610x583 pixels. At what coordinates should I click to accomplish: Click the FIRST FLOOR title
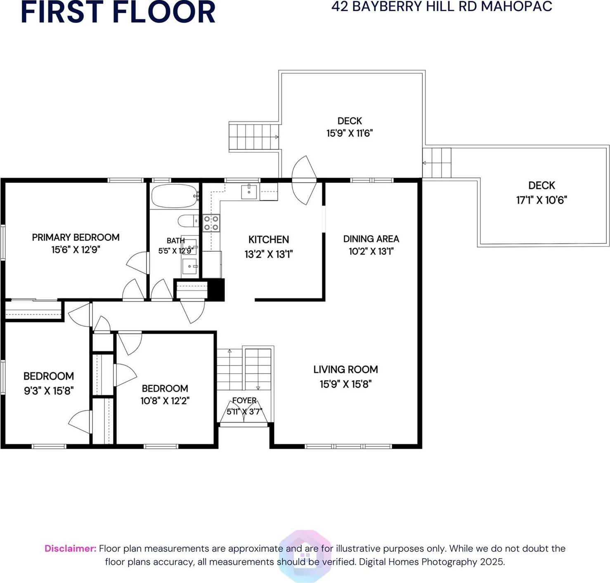click(x=118, y=12)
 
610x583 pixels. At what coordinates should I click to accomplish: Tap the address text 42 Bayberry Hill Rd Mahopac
click(x=441, y=7)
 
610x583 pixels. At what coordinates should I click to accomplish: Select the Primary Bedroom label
click(x=76, y=237)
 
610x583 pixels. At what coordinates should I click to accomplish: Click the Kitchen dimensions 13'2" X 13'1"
click(x=268, y=254)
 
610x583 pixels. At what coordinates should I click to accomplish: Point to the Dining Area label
click(x=371, y=239)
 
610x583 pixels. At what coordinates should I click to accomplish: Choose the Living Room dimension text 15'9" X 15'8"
click(x=345, y=384)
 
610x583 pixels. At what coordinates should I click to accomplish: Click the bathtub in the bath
click(x=175, y=196)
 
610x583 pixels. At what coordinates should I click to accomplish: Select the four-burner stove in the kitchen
click(x=211, y=223)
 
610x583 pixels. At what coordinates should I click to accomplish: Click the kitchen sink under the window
click(x=249, y=192)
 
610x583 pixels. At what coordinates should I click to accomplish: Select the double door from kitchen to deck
click(x=305, y=180)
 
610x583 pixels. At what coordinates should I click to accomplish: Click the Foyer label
click(x=244, y=401)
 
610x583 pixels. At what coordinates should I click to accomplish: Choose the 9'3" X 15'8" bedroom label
click(x=49, y=383)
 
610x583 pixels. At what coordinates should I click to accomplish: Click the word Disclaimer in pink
click(x=70, y=548)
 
